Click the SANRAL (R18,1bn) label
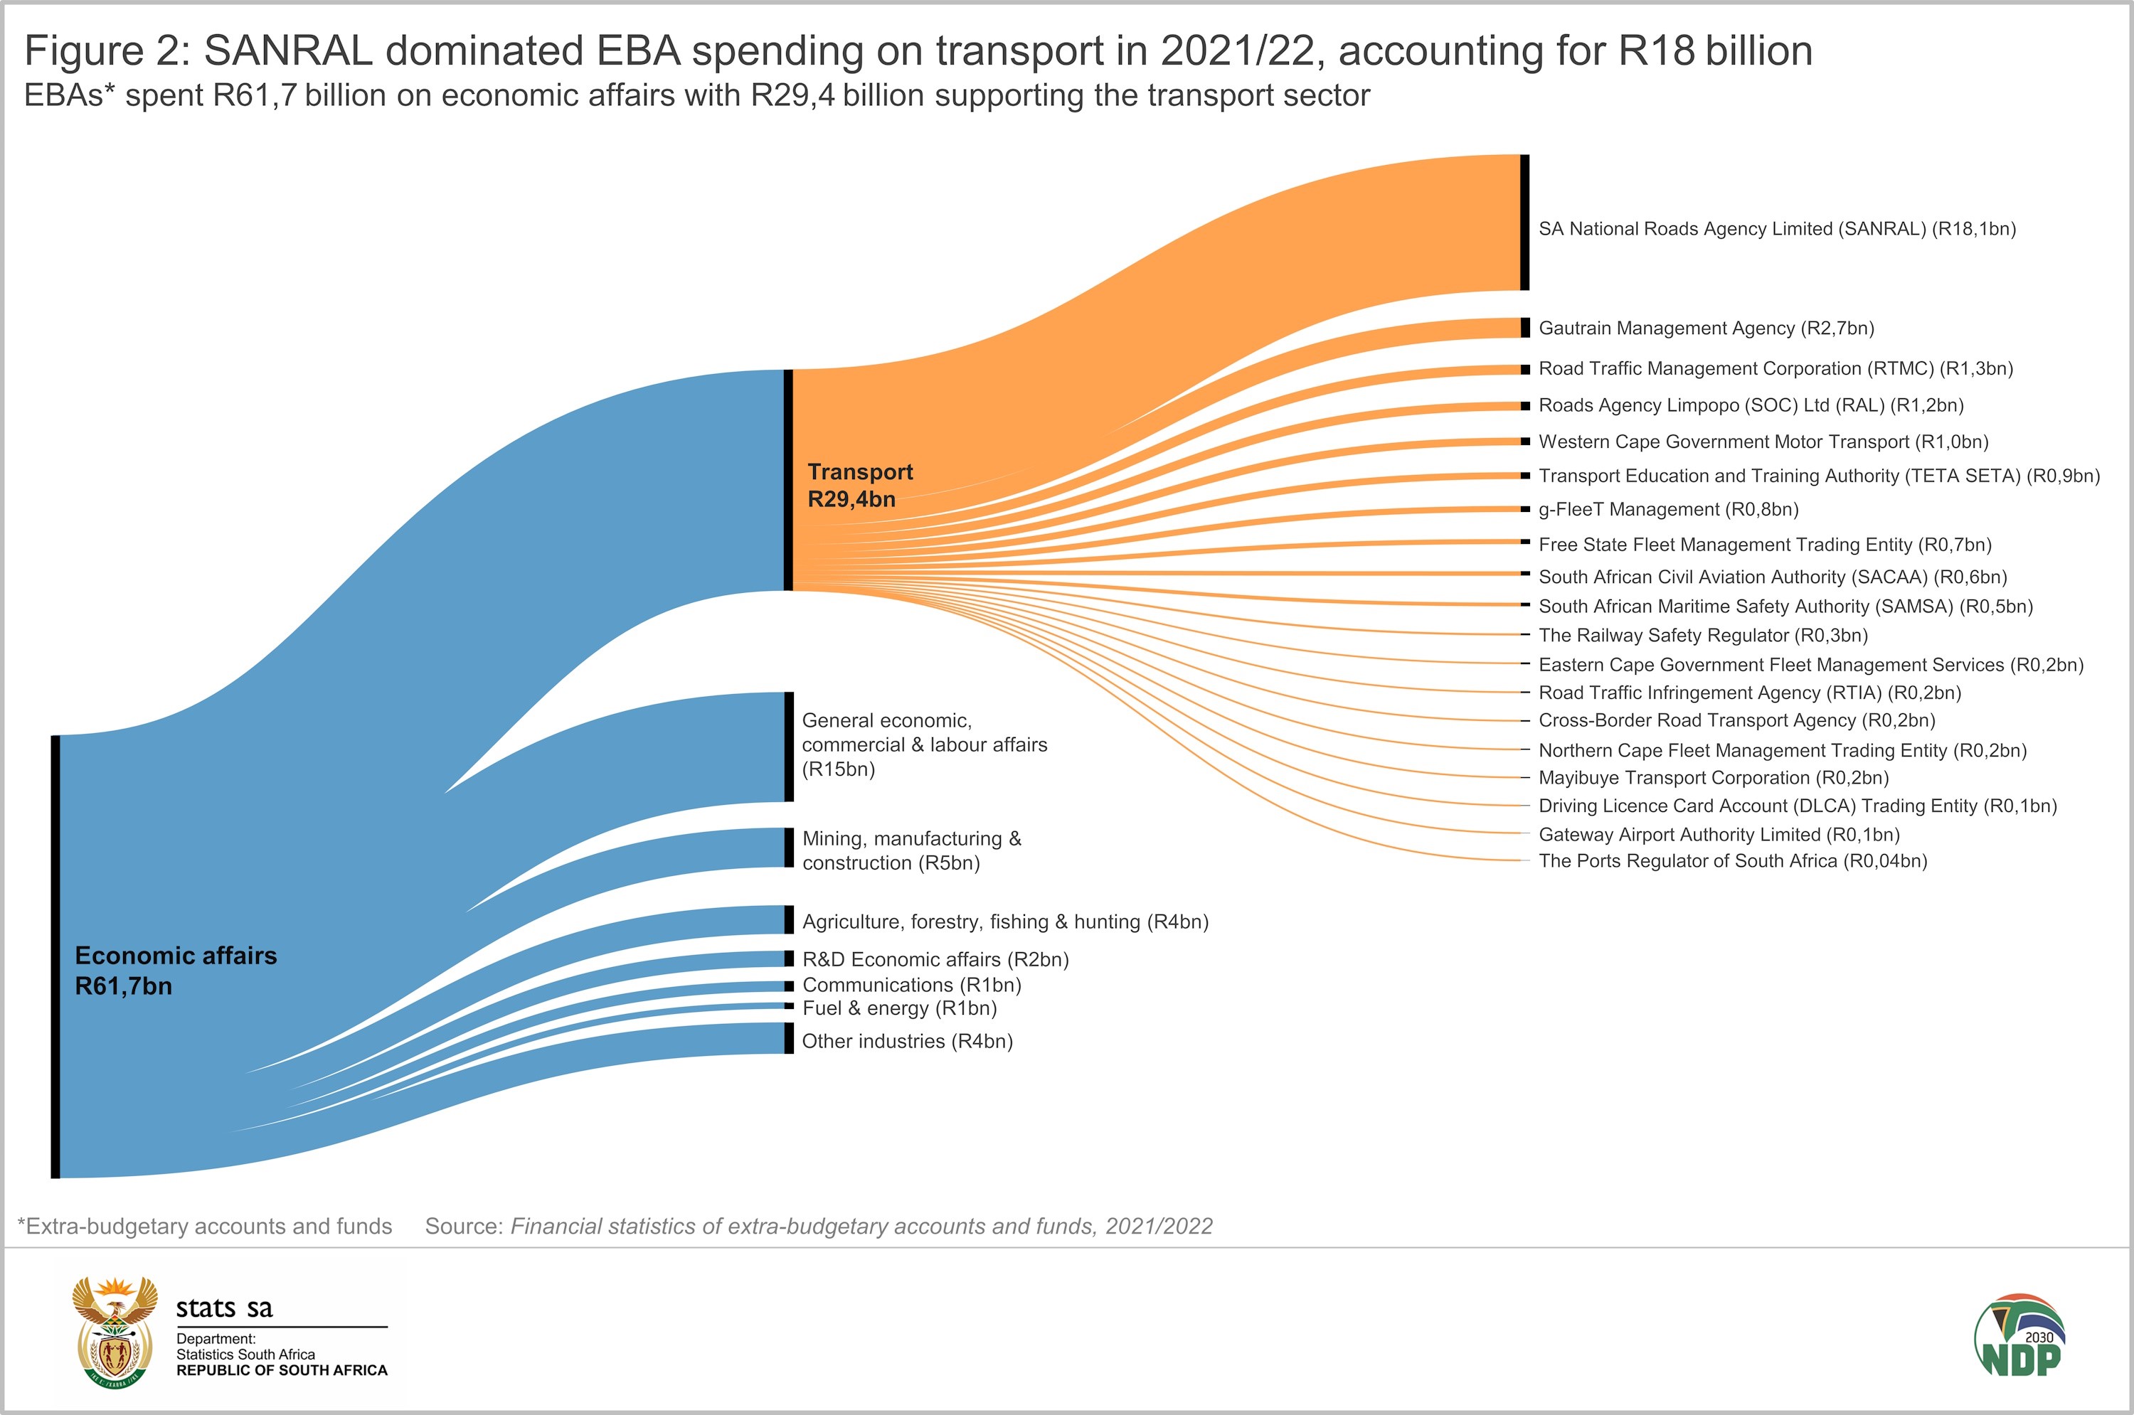(x=1776, y=229)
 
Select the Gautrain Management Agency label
(x=1706, y=329)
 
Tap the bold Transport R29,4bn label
(x=859, y=486)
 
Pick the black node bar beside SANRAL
(x=1524, y=223)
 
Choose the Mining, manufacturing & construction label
(x=912, y=851)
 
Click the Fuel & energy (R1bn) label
(x=899, y=1009)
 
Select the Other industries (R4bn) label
(x=907, y=1042)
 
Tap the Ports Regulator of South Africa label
(x=1732, y=861)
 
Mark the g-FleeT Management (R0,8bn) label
(x=1668, y=510)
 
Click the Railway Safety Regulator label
(x=1702, y=635)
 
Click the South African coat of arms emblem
(x=115, y=1332)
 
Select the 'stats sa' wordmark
(x=224, y=1308)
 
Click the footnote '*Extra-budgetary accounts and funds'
(x=205, y=1227)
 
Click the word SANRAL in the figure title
(x=288, y=51)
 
